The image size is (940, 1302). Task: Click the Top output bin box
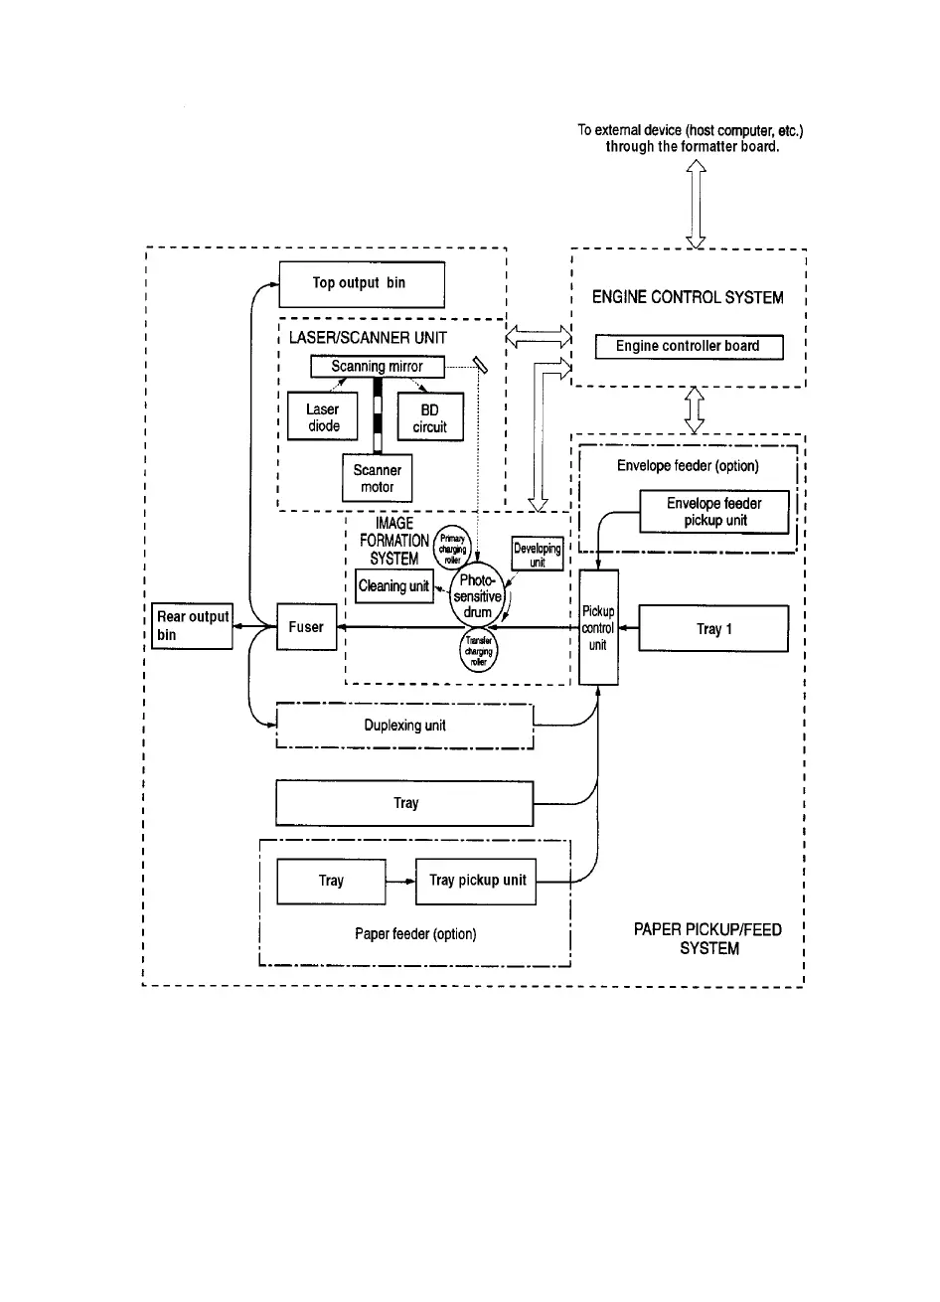(361, 284)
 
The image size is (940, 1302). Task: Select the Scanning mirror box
(377, 367)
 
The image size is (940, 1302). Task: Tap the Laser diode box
(323, 417)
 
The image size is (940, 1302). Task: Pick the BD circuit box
(430, 417)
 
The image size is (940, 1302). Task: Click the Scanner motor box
(378, 478)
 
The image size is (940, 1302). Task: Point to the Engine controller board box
(688, 347)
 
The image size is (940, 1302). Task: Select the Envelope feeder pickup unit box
(714, 513)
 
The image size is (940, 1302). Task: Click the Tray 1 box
(713, 629)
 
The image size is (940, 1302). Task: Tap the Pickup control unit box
(598, 627)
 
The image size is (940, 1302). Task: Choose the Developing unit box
(538, 555)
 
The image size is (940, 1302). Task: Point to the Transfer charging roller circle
(479, 652)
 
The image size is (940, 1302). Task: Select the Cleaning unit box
(394, 586)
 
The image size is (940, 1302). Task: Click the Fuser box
(306, 628)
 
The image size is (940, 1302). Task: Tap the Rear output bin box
(192, 626)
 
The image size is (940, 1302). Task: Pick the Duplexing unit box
(404, 727)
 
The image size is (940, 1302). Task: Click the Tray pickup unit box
(476, 881)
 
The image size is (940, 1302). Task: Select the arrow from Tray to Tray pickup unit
(400, 882)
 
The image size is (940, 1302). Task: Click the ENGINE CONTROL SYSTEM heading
(688, 297)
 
